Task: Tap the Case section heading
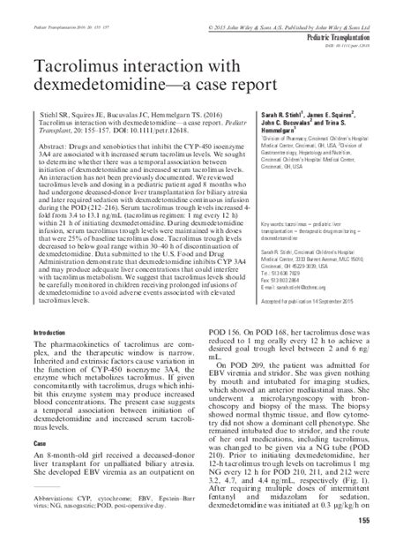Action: [x=39, y=443]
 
